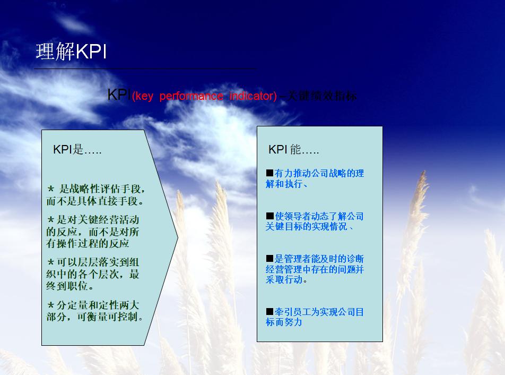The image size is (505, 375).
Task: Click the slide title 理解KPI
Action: tap(71, 52)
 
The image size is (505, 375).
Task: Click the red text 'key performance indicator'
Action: tap(204, 96)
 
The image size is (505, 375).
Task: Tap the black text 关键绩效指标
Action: tap(321, 96)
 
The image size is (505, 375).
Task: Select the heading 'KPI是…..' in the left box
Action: tap(77, 150)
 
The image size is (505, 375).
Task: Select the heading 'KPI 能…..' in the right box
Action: tap(293, 150)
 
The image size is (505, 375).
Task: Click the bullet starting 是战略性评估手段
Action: tap(96, 195)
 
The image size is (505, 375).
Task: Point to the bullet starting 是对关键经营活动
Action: tap(93, 232)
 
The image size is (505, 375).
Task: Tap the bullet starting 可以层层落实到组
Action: tap(93, 274)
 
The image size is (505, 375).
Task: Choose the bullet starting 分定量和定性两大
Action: tap(95, 311)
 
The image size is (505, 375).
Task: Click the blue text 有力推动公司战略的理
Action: tap(316, 179)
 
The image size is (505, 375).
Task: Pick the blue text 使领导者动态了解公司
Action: tap(316, 221)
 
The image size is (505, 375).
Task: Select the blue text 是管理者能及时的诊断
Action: tap(316, 269)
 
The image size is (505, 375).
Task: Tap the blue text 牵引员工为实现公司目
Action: tap(316, 317)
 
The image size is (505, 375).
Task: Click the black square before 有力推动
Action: tap(269, 174)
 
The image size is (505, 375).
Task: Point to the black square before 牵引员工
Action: tap(269, 312)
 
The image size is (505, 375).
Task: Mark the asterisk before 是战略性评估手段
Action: tap(51, 189)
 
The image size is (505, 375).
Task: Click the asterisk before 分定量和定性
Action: tap(51, 305)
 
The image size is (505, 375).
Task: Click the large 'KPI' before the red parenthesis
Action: tap(118, 95)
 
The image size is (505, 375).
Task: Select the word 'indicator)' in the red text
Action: tap(253, 96)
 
